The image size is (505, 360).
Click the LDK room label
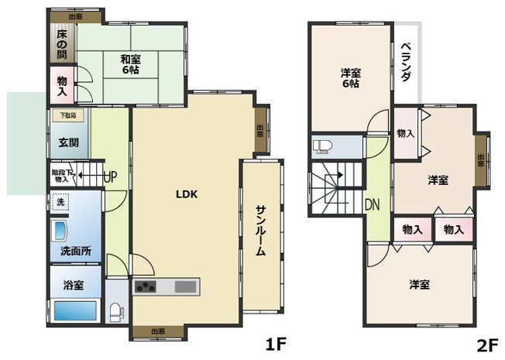(x=187, y=194)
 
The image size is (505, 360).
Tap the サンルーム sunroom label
(x=262, y=234)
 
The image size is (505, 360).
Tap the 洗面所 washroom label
(x=76, y=251)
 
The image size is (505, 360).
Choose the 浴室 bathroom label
(x=74, y=285)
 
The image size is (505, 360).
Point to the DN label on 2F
(x=372, y=204)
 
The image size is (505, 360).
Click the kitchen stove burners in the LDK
(x=146, y=287)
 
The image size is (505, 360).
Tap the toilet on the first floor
(x=116, y=313)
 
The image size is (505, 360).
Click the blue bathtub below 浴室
(x=75, y=312)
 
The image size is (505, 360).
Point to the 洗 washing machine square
(x=60, y=203)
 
